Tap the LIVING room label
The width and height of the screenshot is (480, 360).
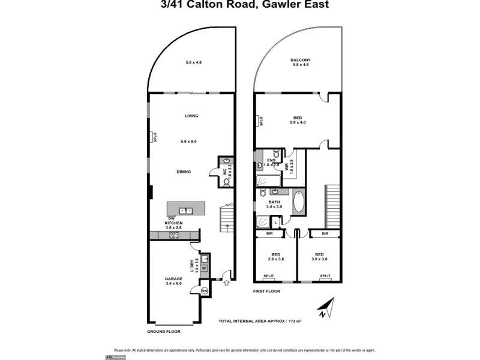pyautogui.click(x=191, y=116)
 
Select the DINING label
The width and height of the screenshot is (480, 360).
pyautogui.click(x=184, y=172)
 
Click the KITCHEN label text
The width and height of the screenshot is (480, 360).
pyautogui.click(x=173, y=223)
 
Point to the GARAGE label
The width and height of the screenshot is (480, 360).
pyautogui.click(x=173, y=278)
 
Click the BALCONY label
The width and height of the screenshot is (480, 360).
pyautogui.click(x=299, y=60)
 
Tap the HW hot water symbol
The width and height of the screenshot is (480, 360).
pyautogui.click(x=205, y=291)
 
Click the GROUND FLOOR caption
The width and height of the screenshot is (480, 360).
pyautogui.click(x=163, y=331)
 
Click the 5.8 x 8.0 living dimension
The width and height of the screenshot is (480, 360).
pyautogui.click(x=188, y=141)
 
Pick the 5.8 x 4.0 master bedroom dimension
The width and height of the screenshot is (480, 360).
pyautogui.click(x=298, y=122)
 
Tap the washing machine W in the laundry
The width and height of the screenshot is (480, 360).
pyautogui.click(x=204, y=268)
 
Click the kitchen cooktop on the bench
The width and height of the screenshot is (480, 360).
pyautogui.click(x=174, y=236)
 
